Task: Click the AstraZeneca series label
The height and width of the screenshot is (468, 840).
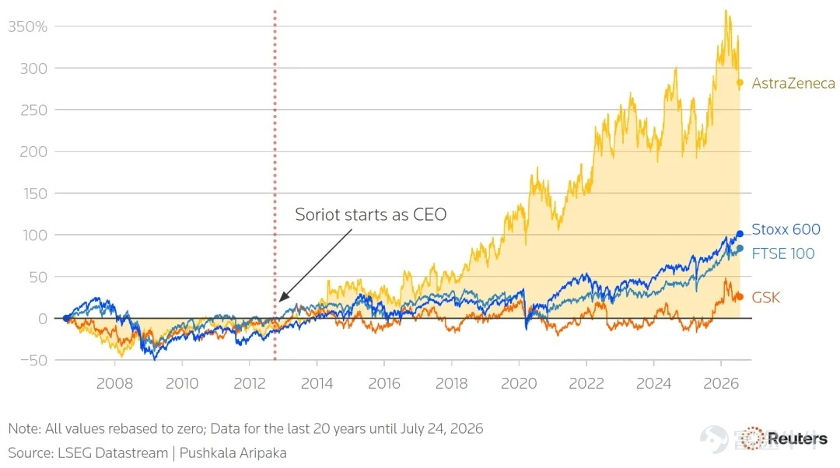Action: (793, 83)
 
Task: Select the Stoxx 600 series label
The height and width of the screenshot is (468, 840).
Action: (786, 229)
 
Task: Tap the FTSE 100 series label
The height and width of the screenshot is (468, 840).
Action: (782, 253)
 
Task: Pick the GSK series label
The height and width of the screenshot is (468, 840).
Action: (765, 297)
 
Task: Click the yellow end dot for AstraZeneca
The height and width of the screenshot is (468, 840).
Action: (740, 83)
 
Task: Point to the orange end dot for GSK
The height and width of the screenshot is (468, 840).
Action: (740, 297)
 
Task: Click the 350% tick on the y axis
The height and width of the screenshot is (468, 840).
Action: (28, 26)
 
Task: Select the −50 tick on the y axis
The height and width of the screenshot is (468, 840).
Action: (33, 361)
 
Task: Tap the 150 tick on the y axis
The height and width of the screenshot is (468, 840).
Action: (35, 194)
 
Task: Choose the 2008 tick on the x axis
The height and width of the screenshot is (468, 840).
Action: (114, 383)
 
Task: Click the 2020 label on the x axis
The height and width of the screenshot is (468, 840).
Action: (519, 383)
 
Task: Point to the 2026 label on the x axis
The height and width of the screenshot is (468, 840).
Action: (721, 383)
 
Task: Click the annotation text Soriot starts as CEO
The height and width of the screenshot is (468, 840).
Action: (371, 215)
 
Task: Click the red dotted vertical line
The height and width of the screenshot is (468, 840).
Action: (275, 185)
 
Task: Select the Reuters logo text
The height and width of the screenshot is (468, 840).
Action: (798, 438)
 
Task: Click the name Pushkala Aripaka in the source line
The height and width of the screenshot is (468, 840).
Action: (233, 453)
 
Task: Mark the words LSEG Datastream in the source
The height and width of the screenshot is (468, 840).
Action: (113, 453)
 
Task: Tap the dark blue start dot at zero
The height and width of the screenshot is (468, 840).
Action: (66, 318)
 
